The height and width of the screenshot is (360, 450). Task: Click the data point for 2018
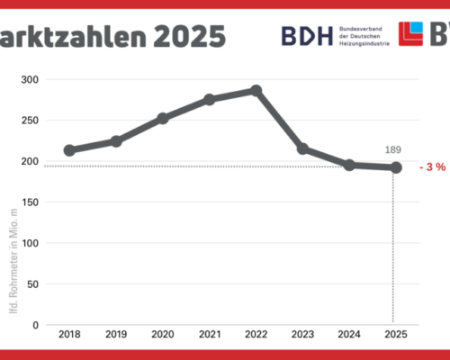[x=69, y=150]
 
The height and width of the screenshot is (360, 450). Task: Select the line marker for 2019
[x=116, y=141]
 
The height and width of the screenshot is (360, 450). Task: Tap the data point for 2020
[x=163, y=118]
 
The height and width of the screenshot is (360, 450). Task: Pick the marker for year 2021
[x=210, y=99]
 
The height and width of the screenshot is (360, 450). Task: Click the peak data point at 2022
[x=256, y=90]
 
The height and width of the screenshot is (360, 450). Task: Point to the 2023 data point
[x=302, y=148]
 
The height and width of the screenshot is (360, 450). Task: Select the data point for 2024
[x=349, y=165]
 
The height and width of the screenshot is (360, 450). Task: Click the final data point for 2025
[x=395, y=167]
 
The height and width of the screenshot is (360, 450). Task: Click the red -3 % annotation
[x=433, y=168]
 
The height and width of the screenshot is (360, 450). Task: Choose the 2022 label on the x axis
[x=256, y=335]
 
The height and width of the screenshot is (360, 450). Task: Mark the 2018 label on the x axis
[x=69, y=335]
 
